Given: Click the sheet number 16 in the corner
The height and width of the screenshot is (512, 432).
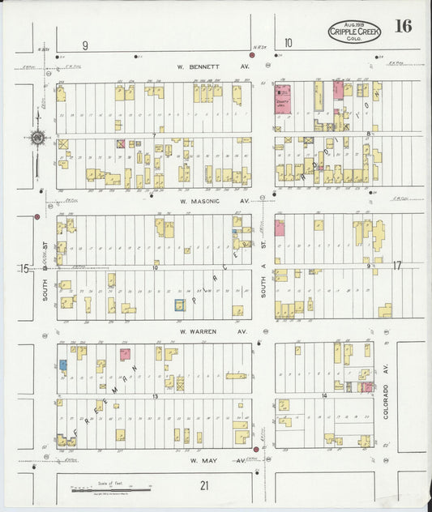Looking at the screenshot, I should click(x=403, y=26).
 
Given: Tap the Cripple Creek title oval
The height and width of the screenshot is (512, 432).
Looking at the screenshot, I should click(x=353, y=32).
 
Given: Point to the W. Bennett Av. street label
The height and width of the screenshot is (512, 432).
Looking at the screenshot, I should click(x=214, y=67).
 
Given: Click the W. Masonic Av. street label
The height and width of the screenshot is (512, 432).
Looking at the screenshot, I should click(x=214, y=200).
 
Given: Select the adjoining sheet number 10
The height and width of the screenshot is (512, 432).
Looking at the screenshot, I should click(x=288, y=44).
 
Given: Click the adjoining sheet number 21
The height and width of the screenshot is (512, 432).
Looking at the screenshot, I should click(x=205, y=484).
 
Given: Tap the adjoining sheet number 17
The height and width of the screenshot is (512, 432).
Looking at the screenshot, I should click(x=397, y=266).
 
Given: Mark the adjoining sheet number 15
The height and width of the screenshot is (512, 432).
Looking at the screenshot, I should click(x=24, y=267).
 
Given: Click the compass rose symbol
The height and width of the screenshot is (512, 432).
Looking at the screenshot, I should click(x=38, y=138).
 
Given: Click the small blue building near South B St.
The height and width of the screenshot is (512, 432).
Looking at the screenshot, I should click(x=62, y=365).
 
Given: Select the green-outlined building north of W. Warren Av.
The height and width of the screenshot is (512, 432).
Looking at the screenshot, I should click(x=180, y=305).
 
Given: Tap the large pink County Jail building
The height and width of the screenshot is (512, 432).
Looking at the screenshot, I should click(x=283, y=96).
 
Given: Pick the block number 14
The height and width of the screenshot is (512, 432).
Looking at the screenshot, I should click(x=323, y=395).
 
